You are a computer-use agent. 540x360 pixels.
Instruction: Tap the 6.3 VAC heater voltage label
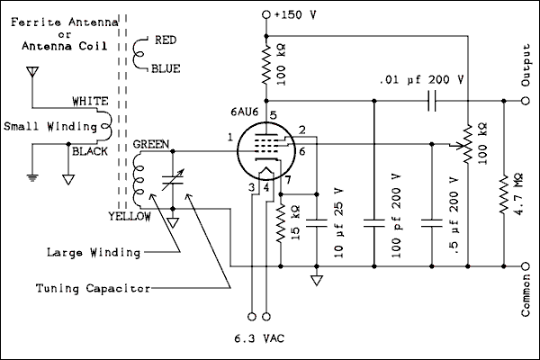(259, 341)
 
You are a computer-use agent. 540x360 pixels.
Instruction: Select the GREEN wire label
(149, 145)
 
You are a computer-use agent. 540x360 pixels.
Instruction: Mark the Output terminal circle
(526, 101)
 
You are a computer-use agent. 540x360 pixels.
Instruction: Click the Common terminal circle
(526, 266)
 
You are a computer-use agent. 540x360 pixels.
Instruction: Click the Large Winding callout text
(93, 253)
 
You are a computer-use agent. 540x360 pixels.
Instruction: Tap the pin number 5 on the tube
(272, 114)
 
